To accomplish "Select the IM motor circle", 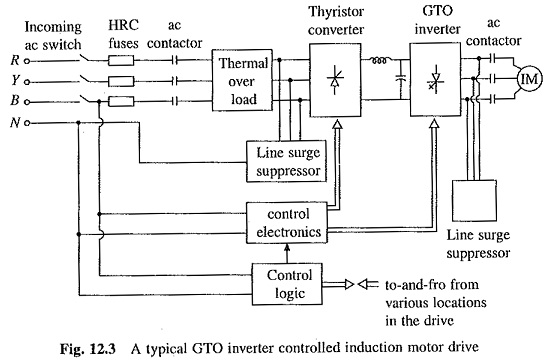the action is tap(529, 79).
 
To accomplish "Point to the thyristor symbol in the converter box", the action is tap(335, 80).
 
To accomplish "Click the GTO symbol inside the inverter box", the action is tap(435, 82).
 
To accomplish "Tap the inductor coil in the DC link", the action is tap(379, 61).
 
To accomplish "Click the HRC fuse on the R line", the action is tap(121, 61).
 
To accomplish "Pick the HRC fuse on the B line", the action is tap(121, 102).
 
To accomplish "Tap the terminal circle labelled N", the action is tap(27, 123).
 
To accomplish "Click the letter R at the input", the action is tap(15, 60).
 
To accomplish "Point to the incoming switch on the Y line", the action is tap(86, 79).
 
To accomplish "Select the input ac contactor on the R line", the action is tap(175, 61).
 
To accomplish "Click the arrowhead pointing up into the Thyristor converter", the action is tap(337, 124).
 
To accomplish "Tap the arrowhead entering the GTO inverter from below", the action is tap(434, 124).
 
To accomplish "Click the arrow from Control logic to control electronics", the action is tap(287, 253).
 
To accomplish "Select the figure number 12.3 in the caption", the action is tap(103, 349).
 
